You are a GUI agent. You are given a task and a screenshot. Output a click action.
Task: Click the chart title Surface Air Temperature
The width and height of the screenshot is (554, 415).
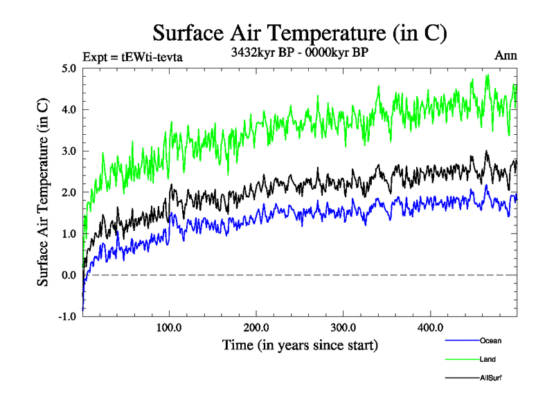point(299,33)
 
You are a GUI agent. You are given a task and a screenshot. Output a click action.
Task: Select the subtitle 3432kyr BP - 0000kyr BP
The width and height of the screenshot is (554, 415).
point(299,52)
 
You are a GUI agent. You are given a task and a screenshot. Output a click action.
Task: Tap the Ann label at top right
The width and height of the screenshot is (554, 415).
point(506,55)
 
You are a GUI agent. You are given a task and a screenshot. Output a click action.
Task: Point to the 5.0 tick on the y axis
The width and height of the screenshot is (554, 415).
point(69,68)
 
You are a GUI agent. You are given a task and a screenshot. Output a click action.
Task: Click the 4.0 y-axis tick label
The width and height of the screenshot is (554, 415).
point(69,110)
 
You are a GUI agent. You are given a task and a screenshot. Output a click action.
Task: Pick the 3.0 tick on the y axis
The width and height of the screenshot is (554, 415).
point(69,151)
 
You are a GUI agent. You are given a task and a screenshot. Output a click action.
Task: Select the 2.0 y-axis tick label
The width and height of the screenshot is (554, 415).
point(69,192)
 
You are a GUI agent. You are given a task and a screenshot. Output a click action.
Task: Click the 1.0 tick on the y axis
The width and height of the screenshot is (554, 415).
point(69,234)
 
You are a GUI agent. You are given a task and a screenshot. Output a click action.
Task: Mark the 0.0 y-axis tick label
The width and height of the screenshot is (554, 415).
point(69,275)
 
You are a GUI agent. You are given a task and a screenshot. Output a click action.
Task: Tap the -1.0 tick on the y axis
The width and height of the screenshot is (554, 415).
point(68,317)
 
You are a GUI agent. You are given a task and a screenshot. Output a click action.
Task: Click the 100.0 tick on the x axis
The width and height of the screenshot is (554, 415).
point(170,327)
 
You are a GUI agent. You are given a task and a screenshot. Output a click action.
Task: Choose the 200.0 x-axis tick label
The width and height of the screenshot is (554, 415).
point(256,327)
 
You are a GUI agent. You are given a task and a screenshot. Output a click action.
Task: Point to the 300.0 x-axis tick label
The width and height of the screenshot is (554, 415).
point(343,327)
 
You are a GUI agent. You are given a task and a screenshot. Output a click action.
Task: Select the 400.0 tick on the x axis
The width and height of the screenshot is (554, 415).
point(430,327)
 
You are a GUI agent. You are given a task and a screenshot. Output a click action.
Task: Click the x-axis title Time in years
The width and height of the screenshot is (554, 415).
point(300,344)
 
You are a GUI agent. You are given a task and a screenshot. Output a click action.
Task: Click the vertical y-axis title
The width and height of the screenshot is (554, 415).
point(43,192)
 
